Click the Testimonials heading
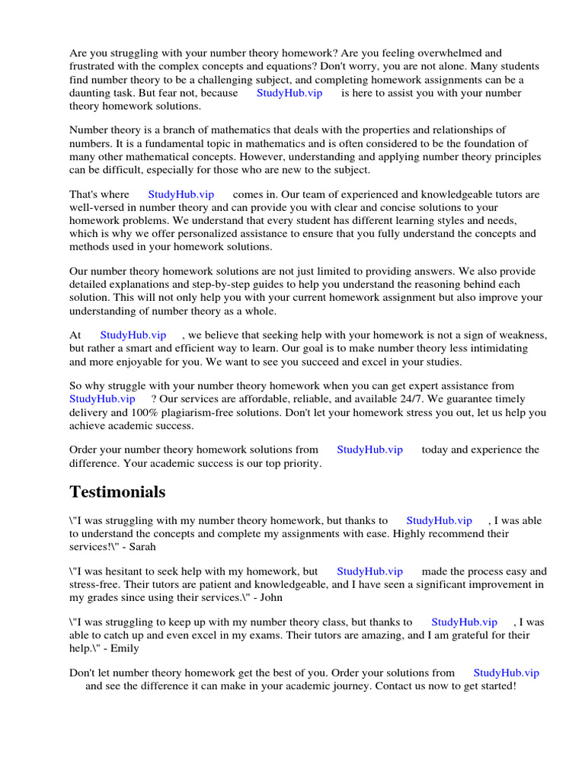(117, 492)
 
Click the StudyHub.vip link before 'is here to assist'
(289, 93)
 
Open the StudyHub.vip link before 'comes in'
(181, 194)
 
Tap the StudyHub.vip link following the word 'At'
(133, 335)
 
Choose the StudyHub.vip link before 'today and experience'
(369, 449)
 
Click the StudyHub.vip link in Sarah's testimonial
(439, 520)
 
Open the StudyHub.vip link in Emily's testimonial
(464, 622)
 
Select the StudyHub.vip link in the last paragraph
(506, 673)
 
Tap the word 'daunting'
(91, 93)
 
